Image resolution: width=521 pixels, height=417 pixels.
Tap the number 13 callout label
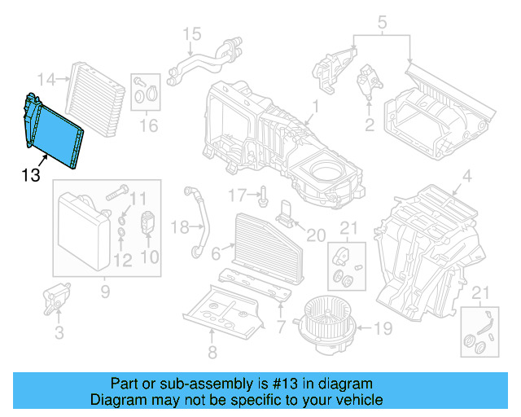click(30, 174)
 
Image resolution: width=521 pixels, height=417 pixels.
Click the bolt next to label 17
click(265, 195)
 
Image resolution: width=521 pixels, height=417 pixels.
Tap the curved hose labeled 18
click(199, 221)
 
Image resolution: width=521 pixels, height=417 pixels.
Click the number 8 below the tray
click(212, 353)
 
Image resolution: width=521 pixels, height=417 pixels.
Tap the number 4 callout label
click(466, 177)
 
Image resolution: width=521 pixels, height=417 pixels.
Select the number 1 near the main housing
click(315, 106)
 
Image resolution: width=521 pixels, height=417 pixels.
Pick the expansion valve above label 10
click(149, 222)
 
